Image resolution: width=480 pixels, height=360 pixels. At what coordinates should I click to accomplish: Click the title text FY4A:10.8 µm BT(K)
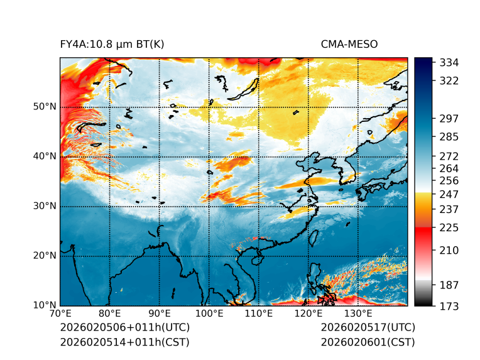coord(112,44)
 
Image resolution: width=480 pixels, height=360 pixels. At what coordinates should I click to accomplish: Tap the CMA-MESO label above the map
coord(349,44)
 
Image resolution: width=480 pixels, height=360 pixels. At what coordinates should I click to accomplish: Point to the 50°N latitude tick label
coord(45,107)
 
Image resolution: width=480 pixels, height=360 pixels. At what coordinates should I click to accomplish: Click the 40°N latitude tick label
coord(45,156)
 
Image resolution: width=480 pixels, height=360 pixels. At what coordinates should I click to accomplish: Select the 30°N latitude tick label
coord(45,206)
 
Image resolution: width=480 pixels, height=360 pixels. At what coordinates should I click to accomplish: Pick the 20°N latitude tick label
coord(45,256)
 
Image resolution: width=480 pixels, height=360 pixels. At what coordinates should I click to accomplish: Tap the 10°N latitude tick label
coord(45,306)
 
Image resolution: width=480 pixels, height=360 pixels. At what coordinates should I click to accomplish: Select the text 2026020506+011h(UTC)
coord(124,328)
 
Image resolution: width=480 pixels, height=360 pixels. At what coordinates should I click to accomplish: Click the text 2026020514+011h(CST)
coord(124,342)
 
